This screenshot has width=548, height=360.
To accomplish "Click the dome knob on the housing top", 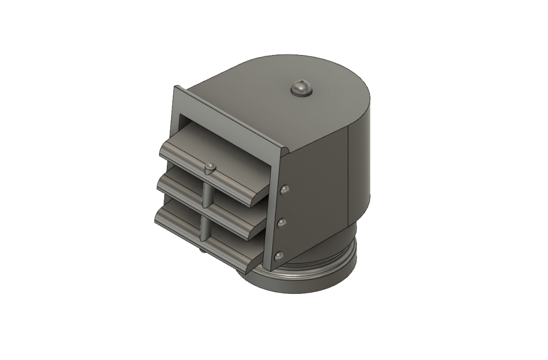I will [x=301, y=88].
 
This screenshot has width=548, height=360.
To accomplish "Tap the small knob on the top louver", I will [x=210, y=167].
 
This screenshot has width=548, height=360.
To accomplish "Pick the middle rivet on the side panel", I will [x=282, y=223].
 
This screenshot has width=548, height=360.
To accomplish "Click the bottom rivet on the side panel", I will [x=278, y=257].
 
